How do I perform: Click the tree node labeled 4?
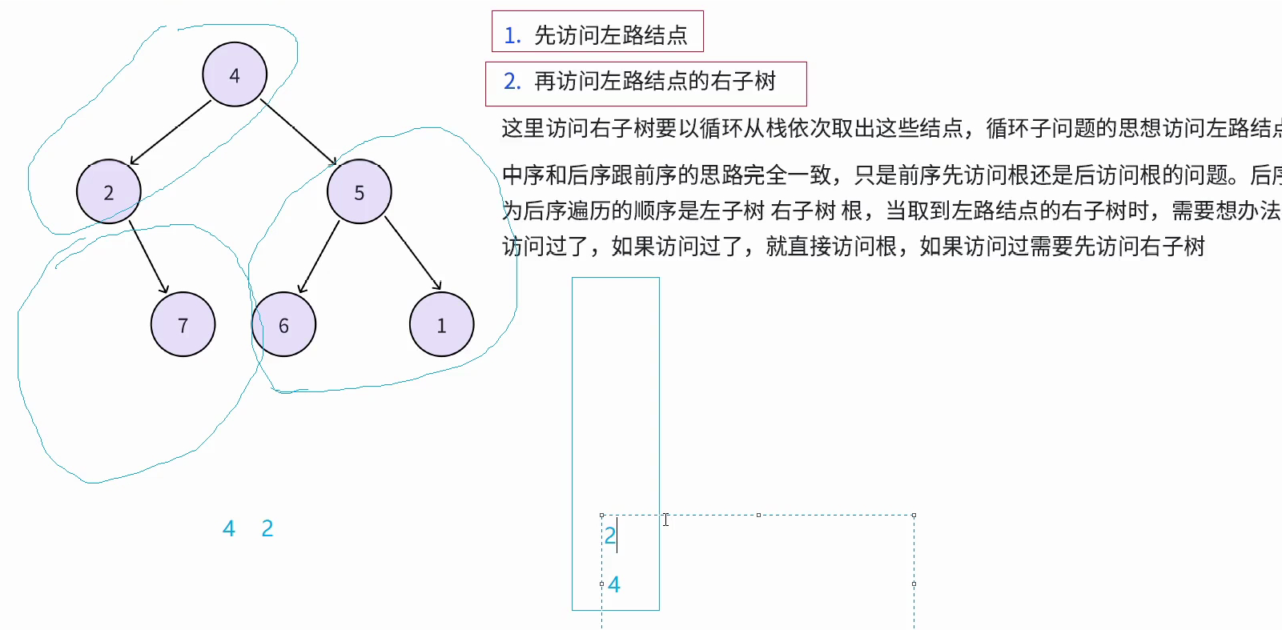[235, 74]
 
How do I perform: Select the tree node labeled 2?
[109, 192]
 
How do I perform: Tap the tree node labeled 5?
[360, 192]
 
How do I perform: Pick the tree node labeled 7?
[183, 324]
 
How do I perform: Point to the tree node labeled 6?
[283, 324]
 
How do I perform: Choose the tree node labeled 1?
[441, 324]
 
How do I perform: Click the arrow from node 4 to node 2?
[171, 133]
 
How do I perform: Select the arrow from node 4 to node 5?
[298, 133]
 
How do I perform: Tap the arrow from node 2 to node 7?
[149, 259]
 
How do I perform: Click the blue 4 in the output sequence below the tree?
[229, 528]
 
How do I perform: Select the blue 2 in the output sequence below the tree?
[267, 528]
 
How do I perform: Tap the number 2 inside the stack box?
[610, 536]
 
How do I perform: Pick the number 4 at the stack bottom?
[614, 585]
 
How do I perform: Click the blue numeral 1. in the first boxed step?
[512, 35]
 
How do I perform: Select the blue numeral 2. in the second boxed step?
[512, 82]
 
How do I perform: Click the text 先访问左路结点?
[611, 35]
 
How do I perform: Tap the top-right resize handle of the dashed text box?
[914, 516]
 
